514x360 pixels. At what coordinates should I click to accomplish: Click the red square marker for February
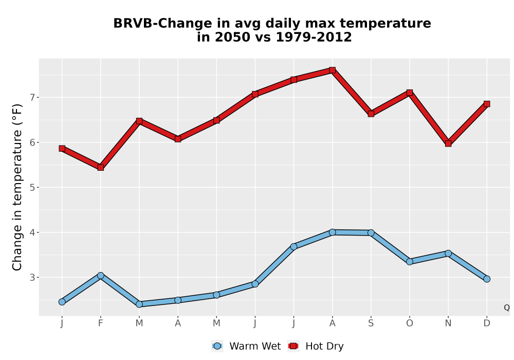(x=101, y=168)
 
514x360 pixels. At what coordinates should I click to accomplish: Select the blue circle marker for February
(x=101, y=276)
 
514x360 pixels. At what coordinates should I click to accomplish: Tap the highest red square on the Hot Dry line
(x=332, y=70)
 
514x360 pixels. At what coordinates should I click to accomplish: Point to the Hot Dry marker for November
(x=448, y=143)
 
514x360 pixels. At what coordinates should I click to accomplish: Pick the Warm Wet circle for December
(x=487, y=279)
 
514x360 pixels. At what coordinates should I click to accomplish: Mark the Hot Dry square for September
(x=371, y=114)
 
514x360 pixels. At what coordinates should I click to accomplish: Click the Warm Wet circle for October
(x=410, y=261)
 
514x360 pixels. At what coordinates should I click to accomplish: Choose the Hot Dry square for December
(x=487, y=104)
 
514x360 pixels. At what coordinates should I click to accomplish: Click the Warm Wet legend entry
(x=246, y=346)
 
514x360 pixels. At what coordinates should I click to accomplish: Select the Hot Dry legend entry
(x=316, y=346)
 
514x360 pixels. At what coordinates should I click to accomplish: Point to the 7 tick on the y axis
(x=32, y=97)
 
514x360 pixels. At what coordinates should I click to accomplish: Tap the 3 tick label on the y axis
(x=32, y=277)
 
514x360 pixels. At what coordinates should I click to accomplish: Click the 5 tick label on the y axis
(x=32, y=188)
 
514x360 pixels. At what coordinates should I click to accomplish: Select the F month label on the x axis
(x=101, y=323)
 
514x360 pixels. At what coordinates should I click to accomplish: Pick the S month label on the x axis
(x=371, y=323)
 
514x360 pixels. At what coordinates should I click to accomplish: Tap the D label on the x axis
(x=487, y=323)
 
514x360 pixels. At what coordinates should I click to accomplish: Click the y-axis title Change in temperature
(x=17, y=187)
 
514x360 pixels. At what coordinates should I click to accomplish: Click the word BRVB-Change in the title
(x=162, y=23)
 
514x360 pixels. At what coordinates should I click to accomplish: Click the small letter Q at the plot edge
(x=507, y=308)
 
